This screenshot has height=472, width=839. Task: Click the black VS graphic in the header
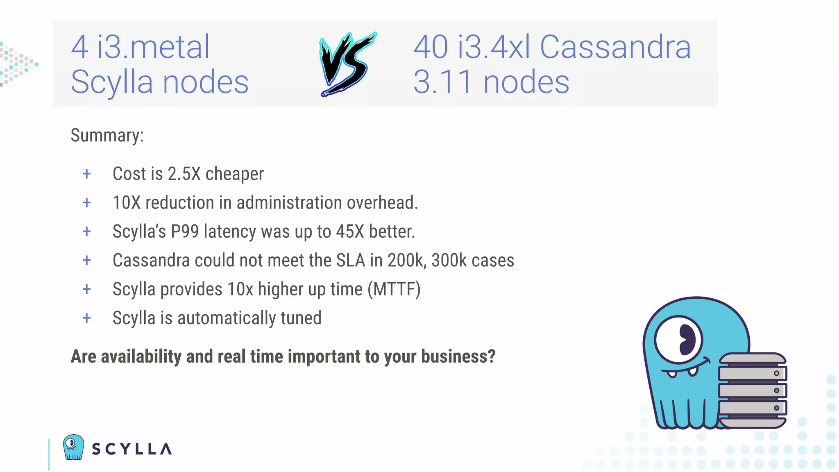coord(347,64)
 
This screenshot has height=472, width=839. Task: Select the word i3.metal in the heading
coord(153,47)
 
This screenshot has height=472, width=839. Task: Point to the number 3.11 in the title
coord(442,82)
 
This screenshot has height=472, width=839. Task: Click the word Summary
coord(107,135)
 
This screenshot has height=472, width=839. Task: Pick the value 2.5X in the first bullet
coord(184,174)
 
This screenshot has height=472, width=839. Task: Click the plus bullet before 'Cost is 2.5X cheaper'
coord(87,174)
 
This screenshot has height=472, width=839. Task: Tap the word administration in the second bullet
coord(289,202)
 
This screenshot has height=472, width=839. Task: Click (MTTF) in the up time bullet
coord(394,289)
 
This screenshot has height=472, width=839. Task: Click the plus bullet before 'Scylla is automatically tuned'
coord(87,318)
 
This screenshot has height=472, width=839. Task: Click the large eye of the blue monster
coord(678,340)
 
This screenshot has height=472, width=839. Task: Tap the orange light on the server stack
coord(776,373)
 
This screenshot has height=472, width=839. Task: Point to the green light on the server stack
coord(776,390)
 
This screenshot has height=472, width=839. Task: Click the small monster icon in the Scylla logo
coord(73,447)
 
